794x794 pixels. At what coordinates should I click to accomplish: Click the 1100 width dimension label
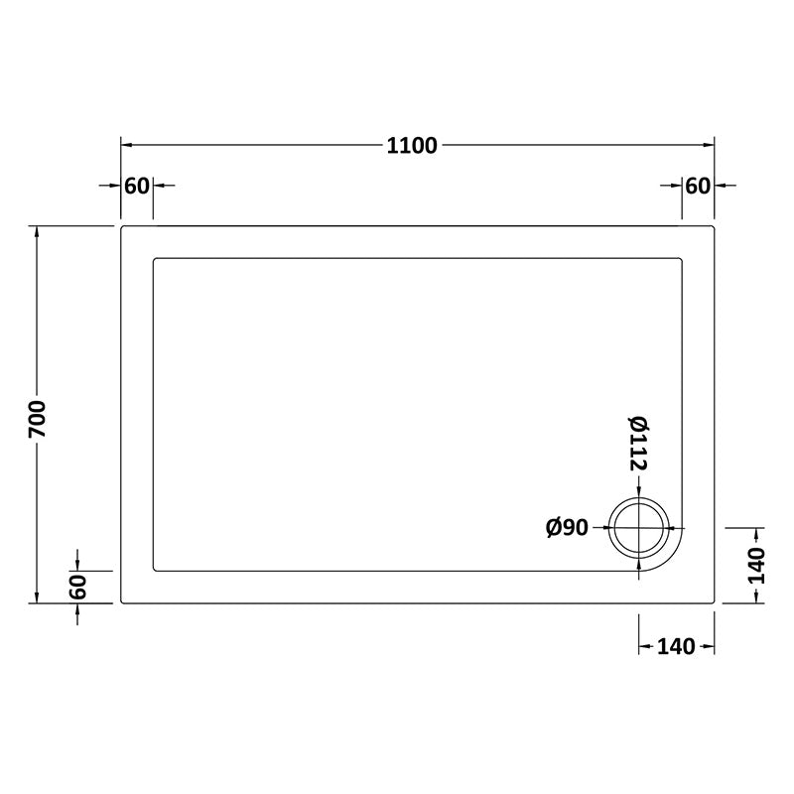pos(412,145)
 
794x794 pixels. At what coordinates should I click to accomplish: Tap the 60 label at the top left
pos(137,186)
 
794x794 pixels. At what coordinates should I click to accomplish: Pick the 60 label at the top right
pos(698,186)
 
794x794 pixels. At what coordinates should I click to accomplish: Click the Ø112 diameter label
pos(638,444)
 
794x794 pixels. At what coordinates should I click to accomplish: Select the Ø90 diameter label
pos(568,528)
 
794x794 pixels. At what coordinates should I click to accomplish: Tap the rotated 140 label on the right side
pos(756,565)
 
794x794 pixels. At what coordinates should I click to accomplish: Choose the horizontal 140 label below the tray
pos(675,647)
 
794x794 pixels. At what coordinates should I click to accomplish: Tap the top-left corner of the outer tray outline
pos(122,227)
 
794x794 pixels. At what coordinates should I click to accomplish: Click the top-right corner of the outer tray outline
pos(715,227)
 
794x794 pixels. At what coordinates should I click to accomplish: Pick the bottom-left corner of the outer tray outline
pos(122,602)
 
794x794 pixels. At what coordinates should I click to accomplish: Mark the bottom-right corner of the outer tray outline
pos(715,602)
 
